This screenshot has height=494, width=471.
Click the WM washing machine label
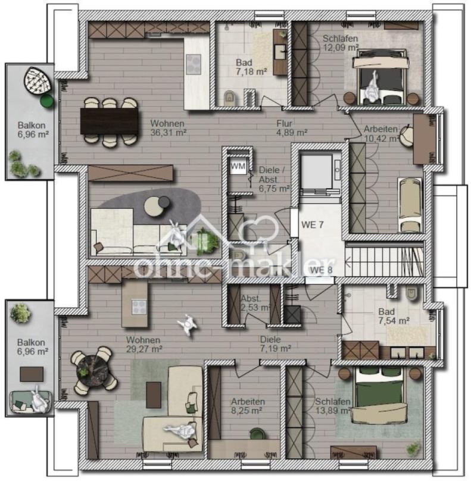click(x=238, y=166)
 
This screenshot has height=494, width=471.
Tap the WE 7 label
click(x=312, y=224)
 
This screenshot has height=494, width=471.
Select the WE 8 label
click(x=321, y=270)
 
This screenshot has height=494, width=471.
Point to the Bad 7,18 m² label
click(x=252, y=67)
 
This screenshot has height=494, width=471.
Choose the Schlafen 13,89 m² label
click(x=333, y=406)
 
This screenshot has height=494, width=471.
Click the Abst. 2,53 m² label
click(x=255, y=303)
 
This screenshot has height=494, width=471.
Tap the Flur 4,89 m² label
click(x=292, y=128)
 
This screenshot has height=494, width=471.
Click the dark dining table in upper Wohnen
click(x=109, y=121)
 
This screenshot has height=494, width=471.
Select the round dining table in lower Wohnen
click(x=93, y=369)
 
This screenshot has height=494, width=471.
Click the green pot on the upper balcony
click(x=46, y=101)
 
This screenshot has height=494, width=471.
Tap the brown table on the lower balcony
click(x=32, y=374)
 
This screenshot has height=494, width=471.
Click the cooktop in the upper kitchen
click(x=194, y=64)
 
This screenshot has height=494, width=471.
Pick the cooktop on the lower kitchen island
click(x=139, y=307)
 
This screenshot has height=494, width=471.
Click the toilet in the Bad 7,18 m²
click(x=229, y=98)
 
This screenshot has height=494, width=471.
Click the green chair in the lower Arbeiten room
click(x=258, y=433)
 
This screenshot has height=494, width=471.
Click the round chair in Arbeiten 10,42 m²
click(x=406, y=136)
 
